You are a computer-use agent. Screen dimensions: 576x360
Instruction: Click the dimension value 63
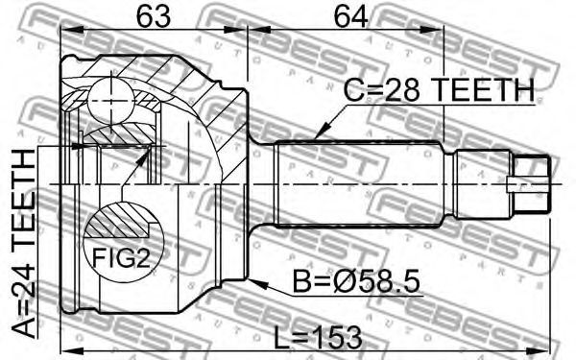(x=154, y=15)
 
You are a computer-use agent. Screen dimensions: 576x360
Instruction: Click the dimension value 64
(x=350, y=15)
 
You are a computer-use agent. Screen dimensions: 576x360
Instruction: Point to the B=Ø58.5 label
(x=355, y=282)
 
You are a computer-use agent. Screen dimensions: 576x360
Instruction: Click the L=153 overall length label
(x=318, y=337)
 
